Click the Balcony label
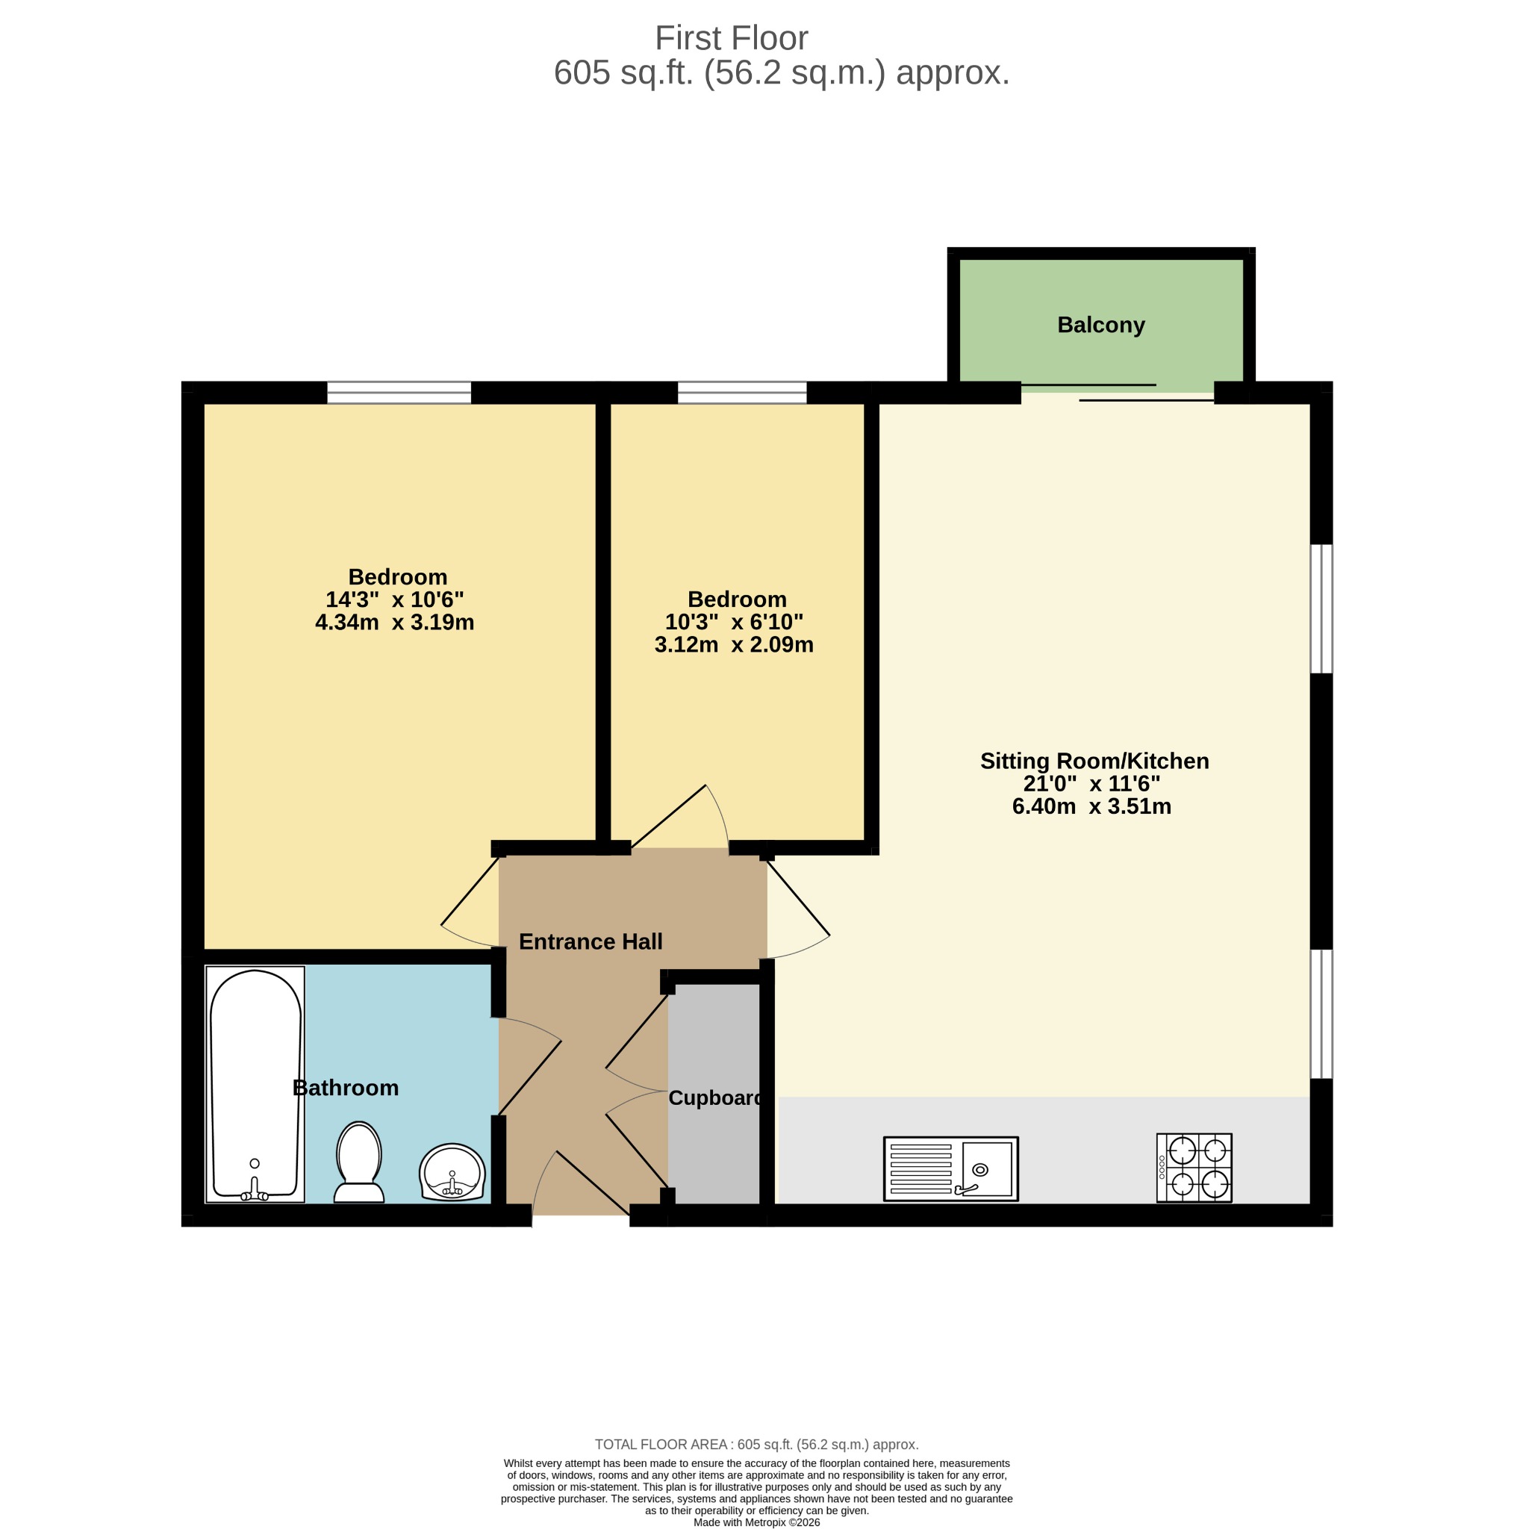1101,325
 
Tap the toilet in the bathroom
358,1162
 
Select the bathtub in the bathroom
255,1083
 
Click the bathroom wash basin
452,1172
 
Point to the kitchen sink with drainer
950,1169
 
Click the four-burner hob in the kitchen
1194,1168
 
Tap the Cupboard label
714,1097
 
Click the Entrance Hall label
591,941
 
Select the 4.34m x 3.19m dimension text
395,622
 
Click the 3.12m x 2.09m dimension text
734,644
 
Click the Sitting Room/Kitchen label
1094,761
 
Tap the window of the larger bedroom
399,393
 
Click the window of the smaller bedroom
742,393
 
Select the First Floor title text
732,38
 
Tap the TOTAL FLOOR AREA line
756,1445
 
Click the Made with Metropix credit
756,1522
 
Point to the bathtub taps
255,1189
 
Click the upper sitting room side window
1321,608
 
